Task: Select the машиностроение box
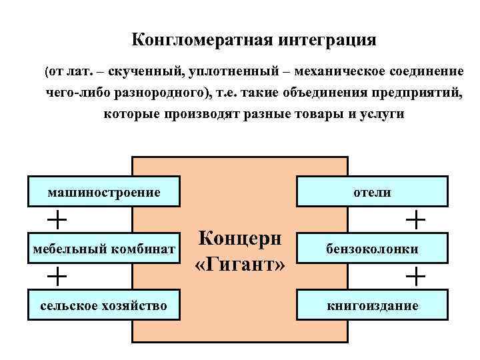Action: coord(105,192)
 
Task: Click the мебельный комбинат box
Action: coord(105,249)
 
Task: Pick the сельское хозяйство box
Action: coord(105,306)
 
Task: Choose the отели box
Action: coord(372,192)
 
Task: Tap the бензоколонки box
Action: coord(372,249)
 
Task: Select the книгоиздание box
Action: coord(372,306)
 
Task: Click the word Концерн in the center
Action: coord(240,239)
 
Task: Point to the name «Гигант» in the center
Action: coord(240,264)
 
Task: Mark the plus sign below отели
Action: coord(415,217)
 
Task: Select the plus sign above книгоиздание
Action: coord(415,275)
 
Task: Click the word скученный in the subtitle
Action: coord(140,71)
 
